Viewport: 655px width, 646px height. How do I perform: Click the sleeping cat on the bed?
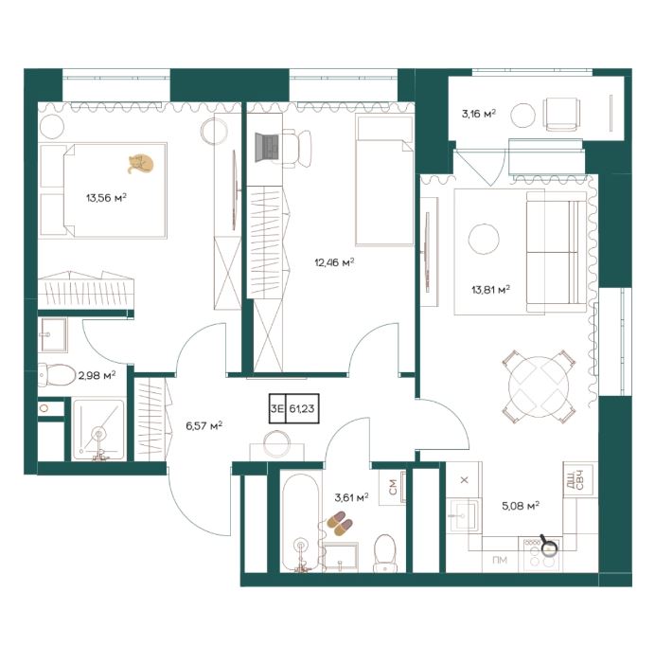tap(141, 164)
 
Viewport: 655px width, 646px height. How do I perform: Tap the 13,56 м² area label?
tap(106, 197)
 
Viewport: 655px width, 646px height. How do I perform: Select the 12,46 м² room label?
tap(334, 262)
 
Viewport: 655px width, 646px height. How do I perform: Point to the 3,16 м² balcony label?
tap(479, 114)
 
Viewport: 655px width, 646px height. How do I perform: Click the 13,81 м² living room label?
tap(491, 289)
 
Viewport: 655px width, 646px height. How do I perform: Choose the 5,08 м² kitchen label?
tap(521, 506)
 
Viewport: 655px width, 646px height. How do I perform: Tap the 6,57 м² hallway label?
tap(204, 426)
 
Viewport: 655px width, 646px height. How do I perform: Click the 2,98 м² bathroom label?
tap(97, 375)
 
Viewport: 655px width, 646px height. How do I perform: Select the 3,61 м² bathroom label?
tap(351, 497)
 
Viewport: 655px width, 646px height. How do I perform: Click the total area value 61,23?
tap(302, 408)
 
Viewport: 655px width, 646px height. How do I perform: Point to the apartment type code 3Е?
tap(276, 408)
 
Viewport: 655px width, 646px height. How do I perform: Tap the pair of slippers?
tap(340, 523)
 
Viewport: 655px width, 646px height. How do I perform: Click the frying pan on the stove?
tap(548, 546)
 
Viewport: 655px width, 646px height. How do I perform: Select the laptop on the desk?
tap(267, 147)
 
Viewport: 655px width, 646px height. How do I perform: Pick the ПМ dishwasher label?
tap(500, 560)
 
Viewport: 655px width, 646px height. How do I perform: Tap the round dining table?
tap(539, 386)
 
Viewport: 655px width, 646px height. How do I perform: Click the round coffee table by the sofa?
tap(484, 239)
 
